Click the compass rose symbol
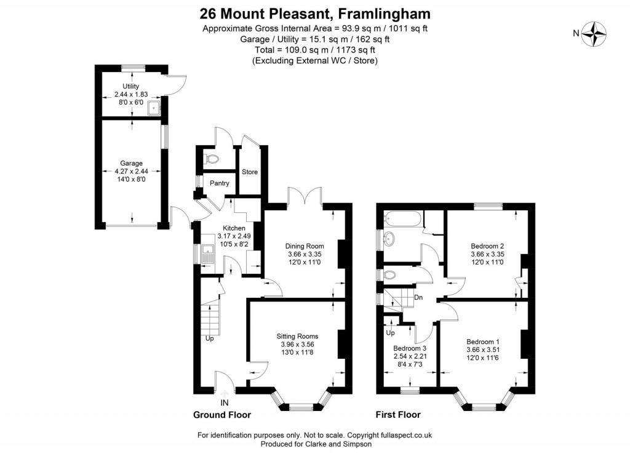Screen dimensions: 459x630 pos(594,34)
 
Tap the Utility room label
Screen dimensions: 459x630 pos(131,86)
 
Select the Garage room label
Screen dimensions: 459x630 pos(131,163)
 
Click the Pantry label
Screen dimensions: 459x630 pos(220,183)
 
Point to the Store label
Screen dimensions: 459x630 pos(250,172)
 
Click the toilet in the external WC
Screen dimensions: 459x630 pos(212,159)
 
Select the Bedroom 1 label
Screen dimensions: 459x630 pos(483,341)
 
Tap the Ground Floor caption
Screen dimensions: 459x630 pos(222,415)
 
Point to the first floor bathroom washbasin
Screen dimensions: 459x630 pos(389,239)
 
